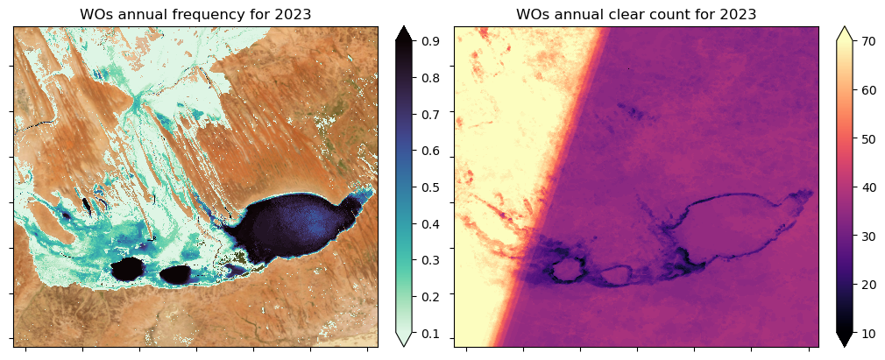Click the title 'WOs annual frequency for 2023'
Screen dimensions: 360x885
coord(196,14)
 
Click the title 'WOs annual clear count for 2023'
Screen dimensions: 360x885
coord(636,14)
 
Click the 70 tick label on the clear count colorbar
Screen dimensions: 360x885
coord(870,41)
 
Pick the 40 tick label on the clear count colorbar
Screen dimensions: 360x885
coord(870,187)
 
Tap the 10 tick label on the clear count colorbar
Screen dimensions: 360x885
coord(870,334)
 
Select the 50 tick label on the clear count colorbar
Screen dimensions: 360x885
coord(870,138)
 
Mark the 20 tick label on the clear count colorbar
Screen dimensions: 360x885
coord(870,285)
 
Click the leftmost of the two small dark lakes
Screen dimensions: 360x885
coord(131,267)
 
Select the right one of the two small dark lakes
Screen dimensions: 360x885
coord(175,274)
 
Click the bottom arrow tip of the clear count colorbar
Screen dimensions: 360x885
coord(844,346)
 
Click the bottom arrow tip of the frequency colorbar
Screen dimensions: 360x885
coord(404,346)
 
